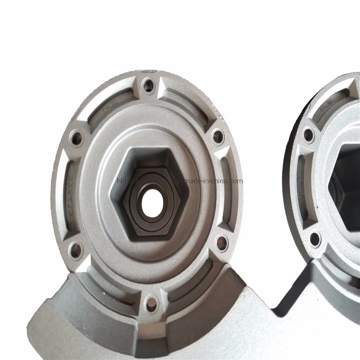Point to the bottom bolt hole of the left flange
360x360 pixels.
pos(150,301)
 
